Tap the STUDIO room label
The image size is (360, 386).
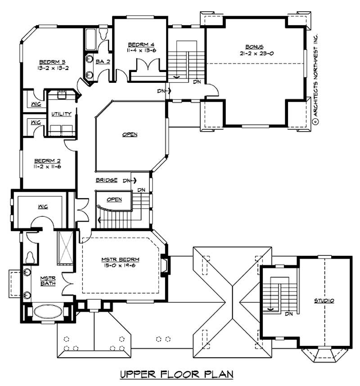(x=324, y=300)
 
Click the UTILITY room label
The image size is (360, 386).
(x=61, y=114)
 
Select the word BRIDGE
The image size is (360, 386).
(x=107, y=180)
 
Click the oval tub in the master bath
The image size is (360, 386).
(x=47, y=312)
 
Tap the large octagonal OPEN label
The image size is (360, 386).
(x=129, y=134)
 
